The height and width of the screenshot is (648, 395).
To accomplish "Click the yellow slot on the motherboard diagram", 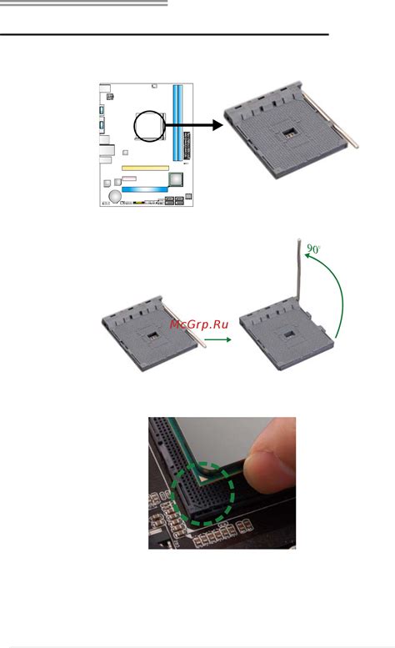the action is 145,168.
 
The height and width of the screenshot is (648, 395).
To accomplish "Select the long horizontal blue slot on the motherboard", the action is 144,189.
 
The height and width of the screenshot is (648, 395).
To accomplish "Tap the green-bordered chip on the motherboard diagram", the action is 176,180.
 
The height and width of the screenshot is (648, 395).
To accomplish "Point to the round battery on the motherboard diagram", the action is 115,196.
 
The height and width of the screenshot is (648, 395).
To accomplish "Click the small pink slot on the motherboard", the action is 129,178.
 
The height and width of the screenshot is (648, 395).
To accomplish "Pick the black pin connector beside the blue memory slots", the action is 187,146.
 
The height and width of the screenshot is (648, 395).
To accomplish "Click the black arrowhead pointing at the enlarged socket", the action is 217,125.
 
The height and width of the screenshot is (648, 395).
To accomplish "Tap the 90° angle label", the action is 313,249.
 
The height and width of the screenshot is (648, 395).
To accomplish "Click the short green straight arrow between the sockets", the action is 217,339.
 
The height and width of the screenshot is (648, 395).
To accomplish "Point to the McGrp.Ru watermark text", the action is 198,324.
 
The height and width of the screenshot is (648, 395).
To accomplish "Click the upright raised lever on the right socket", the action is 299,269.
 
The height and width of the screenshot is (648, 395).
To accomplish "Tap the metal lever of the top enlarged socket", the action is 330,119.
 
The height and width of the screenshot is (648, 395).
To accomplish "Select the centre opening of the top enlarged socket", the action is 289,133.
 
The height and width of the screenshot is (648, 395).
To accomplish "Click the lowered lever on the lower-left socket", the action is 183,324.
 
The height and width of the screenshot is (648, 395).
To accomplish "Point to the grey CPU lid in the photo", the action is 225,440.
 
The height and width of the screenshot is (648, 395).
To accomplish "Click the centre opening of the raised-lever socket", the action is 289,334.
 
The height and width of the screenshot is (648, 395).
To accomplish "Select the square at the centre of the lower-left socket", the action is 153,334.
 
